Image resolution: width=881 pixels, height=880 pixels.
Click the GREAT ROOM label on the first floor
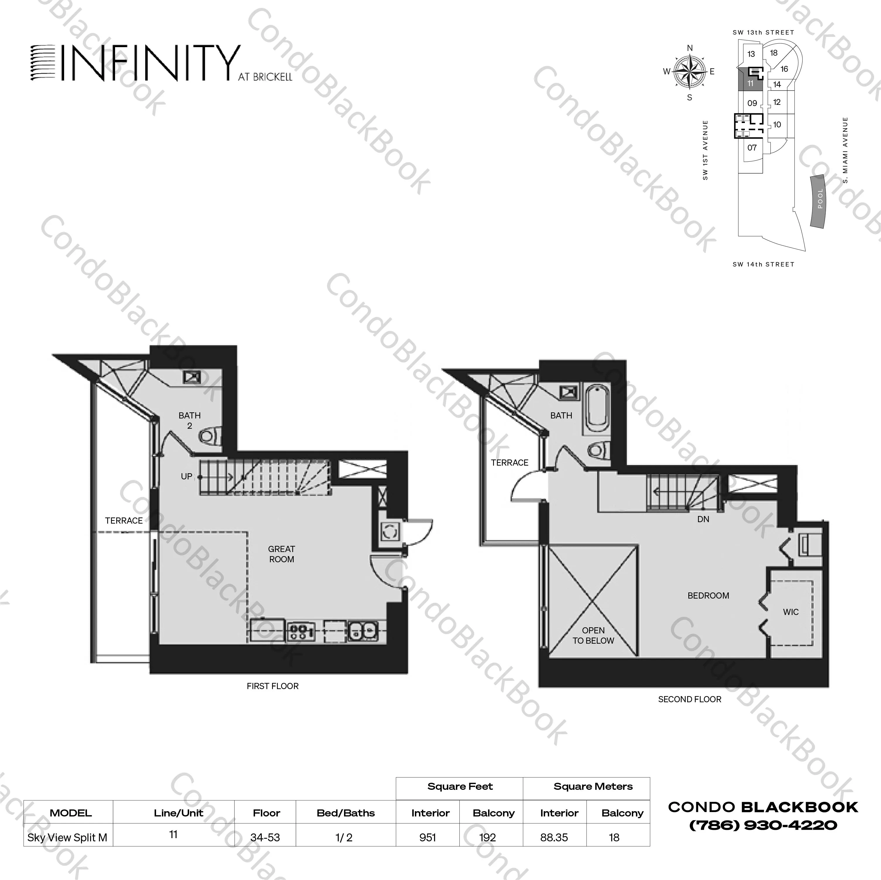click(281, 554)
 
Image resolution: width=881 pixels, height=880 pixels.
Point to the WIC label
click(791, 612)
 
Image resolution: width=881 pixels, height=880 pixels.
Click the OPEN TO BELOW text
click(593, 635)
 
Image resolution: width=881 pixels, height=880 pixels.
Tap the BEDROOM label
click(708, 595)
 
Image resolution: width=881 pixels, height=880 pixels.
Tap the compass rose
click(690, 72)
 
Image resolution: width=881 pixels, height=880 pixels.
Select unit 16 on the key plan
click(784, 69)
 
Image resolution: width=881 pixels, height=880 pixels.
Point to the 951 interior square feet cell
click(428, 838)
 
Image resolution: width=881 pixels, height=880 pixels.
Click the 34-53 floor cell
click(265, 838)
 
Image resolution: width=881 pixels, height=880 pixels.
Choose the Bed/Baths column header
click(346, 813)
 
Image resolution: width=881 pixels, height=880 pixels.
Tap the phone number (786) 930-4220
click(763, 825)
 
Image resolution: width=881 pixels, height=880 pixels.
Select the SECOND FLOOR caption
click(690, 699)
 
